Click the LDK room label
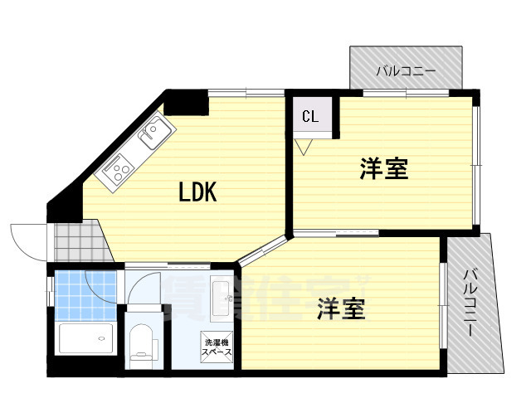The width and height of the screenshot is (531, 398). point(198,192)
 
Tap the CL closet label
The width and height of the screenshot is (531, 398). point(310,116)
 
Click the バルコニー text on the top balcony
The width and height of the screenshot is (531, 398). point(406,72)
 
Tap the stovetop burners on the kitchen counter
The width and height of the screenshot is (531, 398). point(115,172)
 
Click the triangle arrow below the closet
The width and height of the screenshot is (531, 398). point(304,147)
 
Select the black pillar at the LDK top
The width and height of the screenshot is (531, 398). point(185,104)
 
